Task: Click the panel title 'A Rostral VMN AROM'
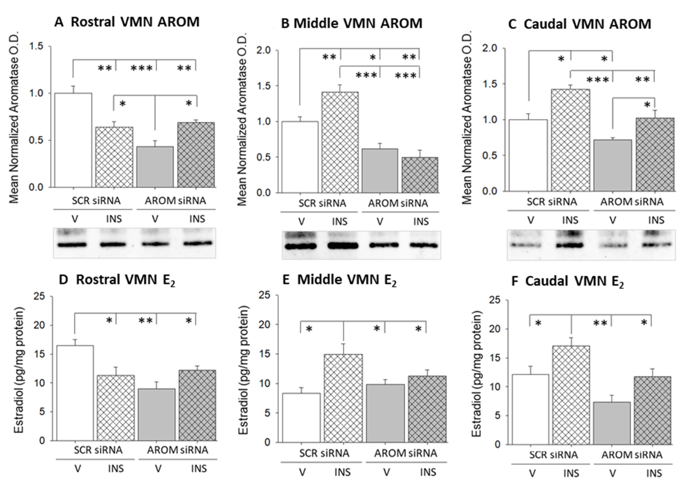click(x=127, y=22)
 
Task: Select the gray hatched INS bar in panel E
click(x=427, y=409)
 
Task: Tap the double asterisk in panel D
click(x=146, y=321)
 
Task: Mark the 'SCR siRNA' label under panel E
click(x=324, y=453)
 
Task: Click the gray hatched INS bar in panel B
click(x=420, y=175)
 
